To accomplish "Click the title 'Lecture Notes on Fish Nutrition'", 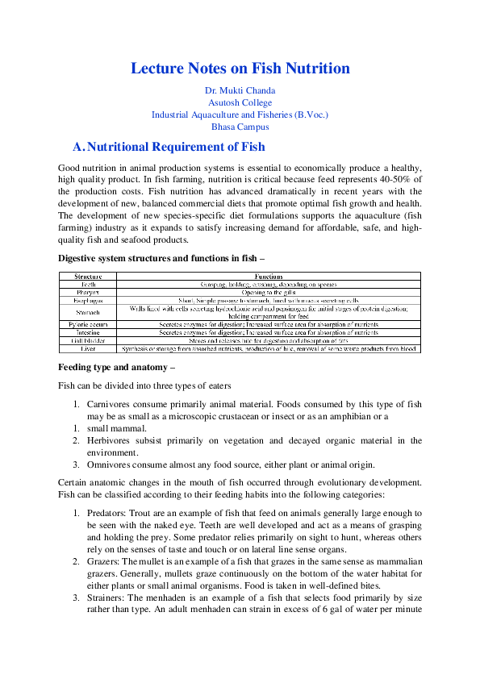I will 240,68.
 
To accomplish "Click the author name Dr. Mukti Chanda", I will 240,91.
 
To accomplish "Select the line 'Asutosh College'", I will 240,102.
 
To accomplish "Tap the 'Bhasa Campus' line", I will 240,127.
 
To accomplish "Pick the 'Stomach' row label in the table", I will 87,311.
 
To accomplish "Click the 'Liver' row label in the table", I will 87,349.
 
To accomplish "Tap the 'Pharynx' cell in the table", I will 87,292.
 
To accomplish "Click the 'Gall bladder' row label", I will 87,340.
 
